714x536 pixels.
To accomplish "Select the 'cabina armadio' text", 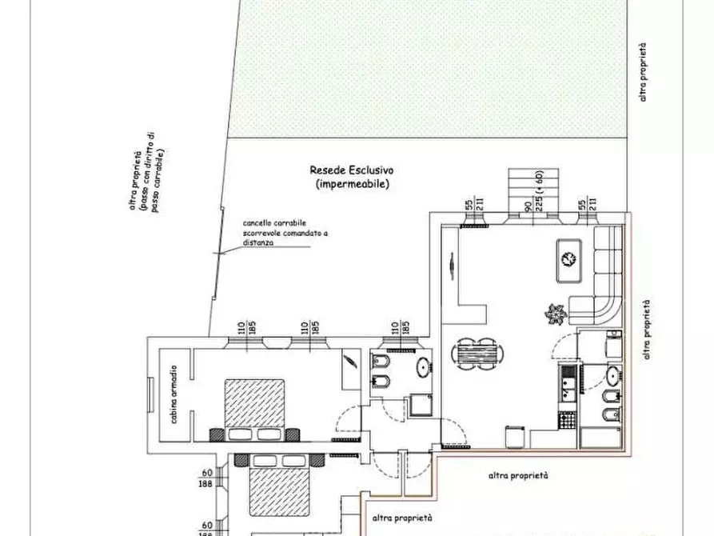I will click(173, 395).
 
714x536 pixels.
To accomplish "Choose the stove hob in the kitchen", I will click(567, 419).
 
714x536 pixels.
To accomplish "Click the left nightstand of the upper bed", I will click(217, 434).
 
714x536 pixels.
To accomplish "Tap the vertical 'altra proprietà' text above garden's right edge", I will click(644, 73).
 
